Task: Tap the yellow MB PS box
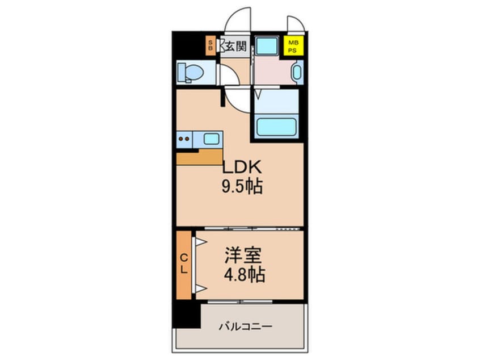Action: (x=293, y=45)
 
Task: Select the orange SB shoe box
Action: (x=210, y=45)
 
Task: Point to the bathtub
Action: (x=277, y=125)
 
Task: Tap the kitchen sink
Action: (x=211, y=139)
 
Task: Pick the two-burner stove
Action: (x=184, y=138)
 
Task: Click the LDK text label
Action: (x=241, y=168)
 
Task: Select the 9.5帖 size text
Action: (x=242, y=187)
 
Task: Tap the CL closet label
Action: (x=184, y=265)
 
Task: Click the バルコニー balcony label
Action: (x=246, y=327)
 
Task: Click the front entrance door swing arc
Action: (x=237, y=20)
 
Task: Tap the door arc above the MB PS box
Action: (x=296, y=24)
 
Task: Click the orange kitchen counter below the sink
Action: (x=199, y=157)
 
